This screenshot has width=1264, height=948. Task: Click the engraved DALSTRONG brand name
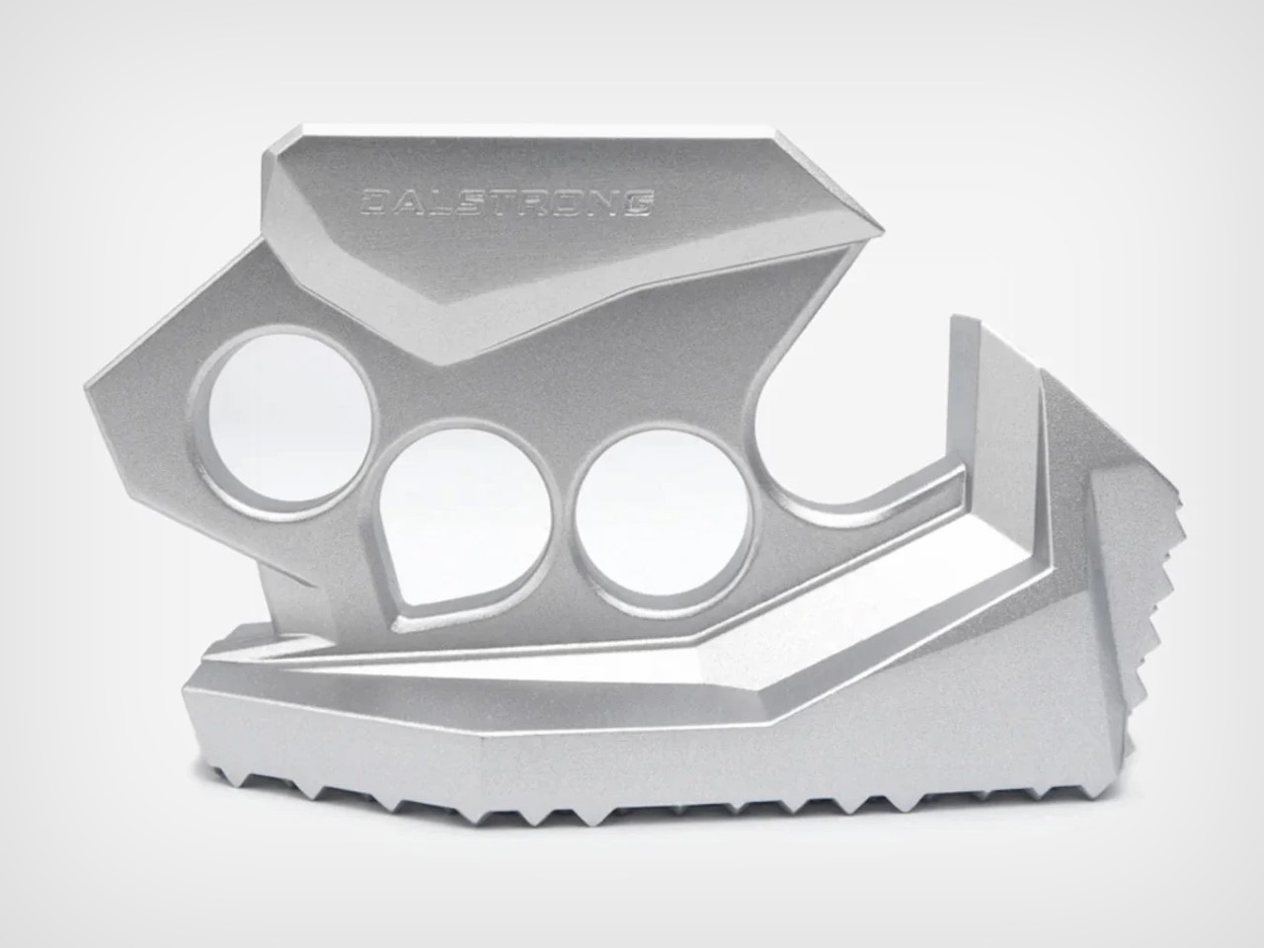coord(507,202)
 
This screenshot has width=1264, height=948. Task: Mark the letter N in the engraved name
coord(603,202)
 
